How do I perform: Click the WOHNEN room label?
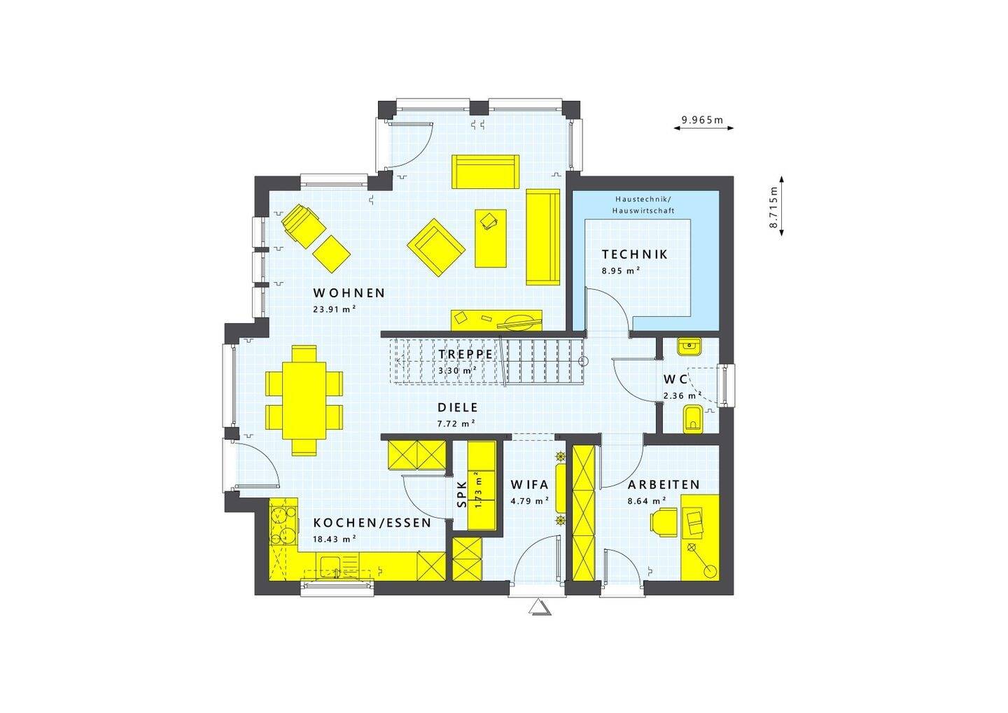349,293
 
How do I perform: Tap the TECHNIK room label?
634,255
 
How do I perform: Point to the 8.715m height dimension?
774,207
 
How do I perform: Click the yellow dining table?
304,400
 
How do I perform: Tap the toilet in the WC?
693,419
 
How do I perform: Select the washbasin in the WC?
689,345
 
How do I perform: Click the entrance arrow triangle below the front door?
540,607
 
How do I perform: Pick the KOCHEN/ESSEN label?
372,523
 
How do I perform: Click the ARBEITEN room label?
664,485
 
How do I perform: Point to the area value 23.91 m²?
335,309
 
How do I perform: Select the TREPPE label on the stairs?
465,354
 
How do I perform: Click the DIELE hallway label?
457,407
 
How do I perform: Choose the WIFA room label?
529,485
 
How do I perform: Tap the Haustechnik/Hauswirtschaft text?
643,204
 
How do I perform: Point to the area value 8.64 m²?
647,501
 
